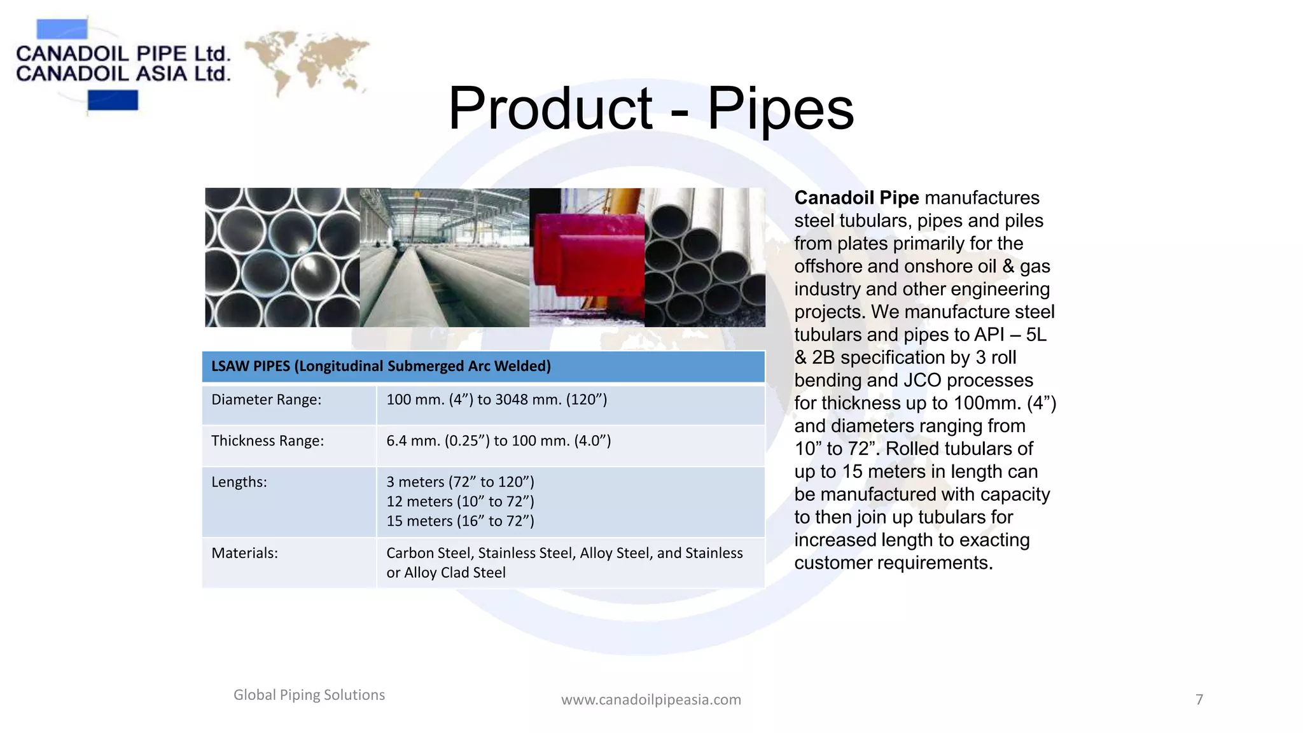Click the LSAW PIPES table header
380,366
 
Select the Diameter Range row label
266,400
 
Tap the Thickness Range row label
267,441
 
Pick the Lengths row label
239,482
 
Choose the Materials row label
244,553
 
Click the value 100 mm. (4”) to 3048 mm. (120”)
496,400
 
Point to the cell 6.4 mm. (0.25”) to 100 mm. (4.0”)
498,441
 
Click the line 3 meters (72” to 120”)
460,482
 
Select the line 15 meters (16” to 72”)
460,521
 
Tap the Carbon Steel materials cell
564,562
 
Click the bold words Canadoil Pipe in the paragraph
856,198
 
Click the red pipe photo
587,258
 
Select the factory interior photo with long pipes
444,258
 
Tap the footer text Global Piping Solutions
309,695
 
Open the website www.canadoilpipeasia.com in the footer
651,700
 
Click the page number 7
1199,700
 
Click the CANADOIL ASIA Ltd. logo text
123,74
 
